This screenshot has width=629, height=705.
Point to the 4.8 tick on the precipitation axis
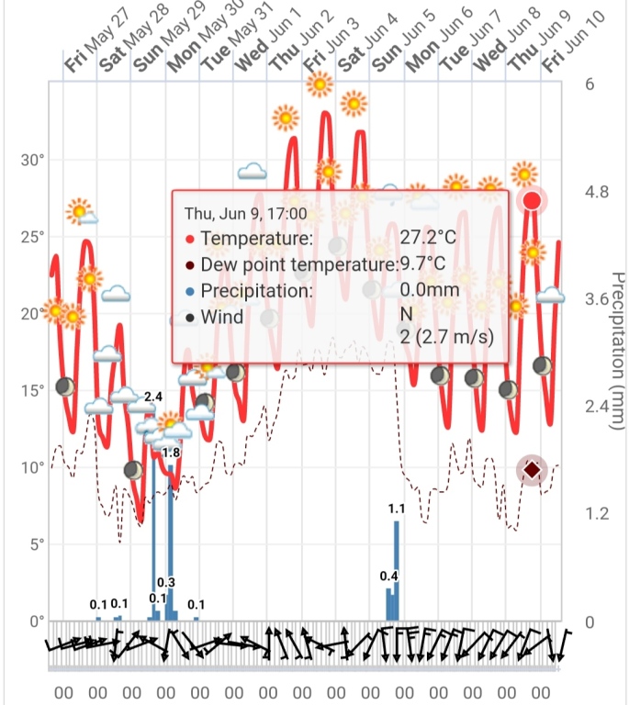point(598,192)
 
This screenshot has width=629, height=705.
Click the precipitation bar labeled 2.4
point(153,514)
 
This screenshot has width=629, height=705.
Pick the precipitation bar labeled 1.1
point(397,569)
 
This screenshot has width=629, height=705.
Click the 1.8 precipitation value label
point(172,453)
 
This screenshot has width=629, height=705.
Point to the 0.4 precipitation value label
point(388,576)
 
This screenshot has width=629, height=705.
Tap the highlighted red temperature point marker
point(531,201)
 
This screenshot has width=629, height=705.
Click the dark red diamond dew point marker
point(531,470)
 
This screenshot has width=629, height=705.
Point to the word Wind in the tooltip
point(222,318)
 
